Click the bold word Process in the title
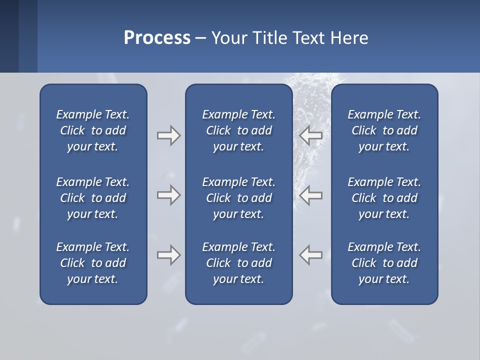click(157, 38)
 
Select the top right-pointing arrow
click(168, 135)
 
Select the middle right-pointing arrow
click(168, 195)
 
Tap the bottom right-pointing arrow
click(168, 255)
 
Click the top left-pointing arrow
click(310, 135)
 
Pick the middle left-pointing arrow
click(310, 195)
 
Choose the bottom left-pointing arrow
click(310, 255)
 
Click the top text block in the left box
click(93, 130)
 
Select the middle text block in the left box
click(93, 198)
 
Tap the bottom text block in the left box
click(93, 263)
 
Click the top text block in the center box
click(238, 130)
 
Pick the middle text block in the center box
click(238, 198)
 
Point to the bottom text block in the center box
click(238, 263)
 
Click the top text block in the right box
click(384, 130)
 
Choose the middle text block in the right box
click(384, 198)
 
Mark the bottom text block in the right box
click(384, 263)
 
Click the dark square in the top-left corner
click(9, 36)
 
